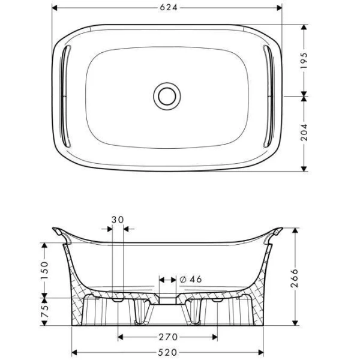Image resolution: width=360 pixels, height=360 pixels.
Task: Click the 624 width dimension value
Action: pos(167,8)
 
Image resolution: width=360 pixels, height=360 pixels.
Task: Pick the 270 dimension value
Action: pos(167,337)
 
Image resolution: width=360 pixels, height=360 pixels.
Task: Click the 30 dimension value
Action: pos(118,220)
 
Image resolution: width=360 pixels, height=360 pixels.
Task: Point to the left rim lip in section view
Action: pos(59,233)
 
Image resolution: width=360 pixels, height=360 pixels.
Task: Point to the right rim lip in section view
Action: pos(275,233)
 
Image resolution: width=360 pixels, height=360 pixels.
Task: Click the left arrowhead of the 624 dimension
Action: pos(55,8)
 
